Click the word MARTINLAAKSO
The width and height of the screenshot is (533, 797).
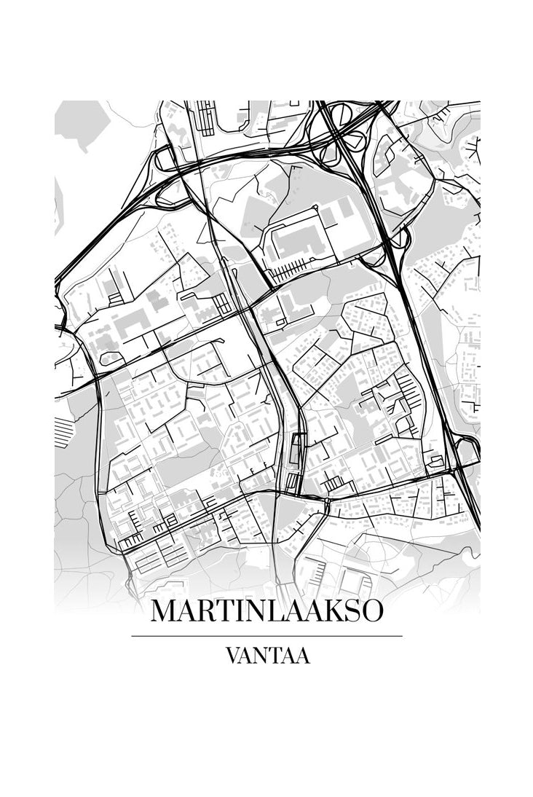[266, 611]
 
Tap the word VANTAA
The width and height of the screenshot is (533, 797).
[268, 656]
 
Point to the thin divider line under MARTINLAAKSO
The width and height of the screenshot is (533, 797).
[266, 636]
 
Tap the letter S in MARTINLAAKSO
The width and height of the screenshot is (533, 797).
[352, 611]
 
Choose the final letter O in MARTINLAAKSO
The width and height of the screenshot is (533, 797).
[371, 611]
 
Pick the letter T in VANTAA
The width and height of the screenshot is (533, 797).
[277, 656]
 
